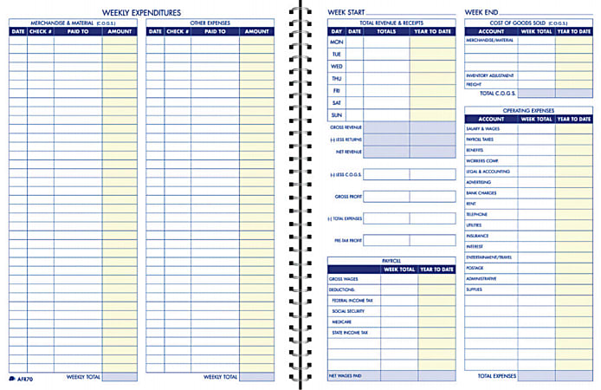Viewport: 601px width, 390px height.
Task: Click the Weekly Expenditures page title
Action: click(x=141, y=12)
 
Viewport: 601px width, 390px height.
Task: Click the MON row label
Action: click(x=337, y=42)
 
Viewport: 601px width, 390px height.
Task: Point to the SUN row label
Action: click(x=337, y=114)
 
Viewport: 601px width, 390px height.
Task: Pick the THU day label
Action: click(x=337, y=78)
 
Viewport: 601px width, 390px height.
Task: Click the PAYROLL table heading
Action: click(x=391, y=260)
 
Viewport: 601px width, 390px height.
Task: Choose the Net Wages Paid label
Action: click(x=344, y=376)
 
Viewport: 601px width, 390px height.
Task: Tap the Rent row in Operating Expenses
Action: click(x=471, y=204)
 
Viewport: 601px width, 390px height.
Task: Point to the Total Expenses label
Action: click(x=496, y=376)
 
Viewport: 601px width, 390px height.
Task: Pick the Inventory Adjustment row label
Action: click(x=490, y=75)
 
